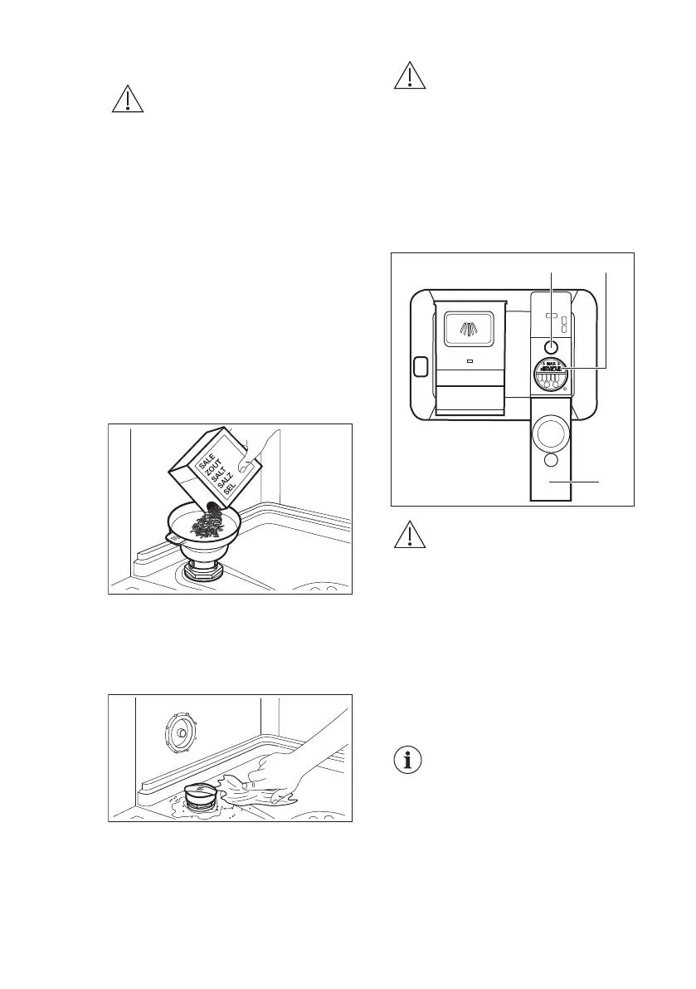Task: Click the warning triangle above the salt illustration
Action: [x=126, y=100]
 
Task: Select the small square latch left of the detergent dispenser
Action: [x=418, y=365]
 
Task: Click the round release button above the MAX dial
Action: [x=550, y=347]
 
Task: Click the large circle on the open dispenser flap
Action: [x=551, y=433]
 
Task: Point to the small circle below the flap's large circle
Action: [x=551, y=461]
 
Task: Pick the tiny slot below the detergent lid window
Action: [x=470, y=362]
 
